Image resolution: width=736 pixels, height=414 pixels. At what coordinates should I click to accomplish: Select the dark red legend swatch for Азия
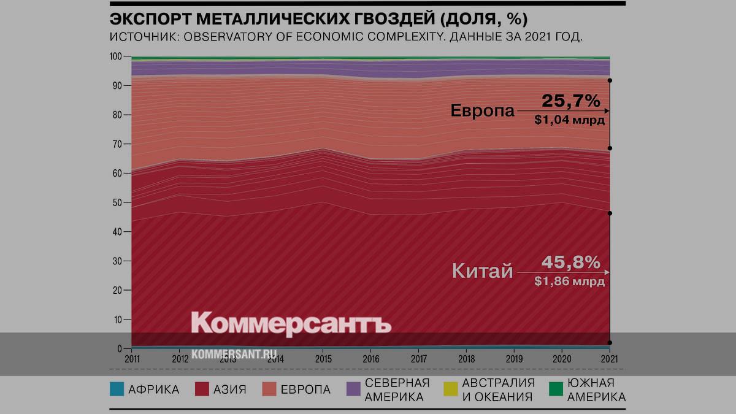point(202,389)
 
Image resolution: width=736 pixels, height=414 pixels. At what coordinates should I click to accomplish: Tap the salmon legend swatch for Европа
point(269,389)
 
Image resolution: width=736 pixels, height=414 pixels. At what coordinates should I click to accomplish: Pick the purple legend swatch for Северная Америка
point(353,389)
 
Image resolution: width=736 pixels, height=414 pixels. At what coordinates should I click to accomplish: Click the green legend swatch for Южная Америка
point(556,389)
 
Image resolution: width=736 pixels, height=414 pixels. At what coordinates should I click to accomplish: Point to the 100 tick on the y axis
point(115,56)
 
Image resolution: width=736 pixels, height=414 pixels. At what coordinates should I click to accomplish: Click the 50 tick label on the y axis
point(117,202)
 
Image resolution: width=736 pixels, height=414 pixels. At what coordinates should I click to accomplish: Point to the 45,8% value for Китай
point(570,263)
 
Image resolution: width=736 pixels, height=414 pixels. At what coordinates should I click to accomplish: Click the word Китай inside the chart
point(482,270)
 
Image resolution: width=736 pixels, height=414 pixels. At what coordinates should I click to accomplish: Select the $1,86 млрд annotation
point(570,282)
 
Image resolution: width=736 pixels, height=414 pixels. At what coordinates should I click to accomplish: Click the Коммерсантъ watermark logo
point(291,323)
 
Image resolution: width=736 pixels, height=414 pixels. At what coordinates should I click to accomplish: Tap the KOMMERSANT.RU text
point(234,355)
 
